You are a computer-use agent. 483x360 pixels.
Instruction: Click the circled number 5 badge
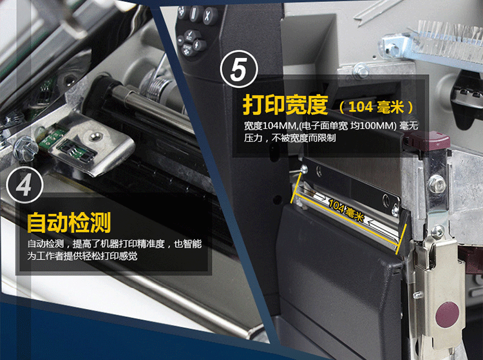(x=239, y=69)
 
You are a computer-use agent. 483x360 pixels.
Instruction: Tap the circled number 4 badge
(x=24, y=185)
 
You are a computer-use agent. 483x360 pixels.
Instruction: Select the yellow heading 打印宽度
(x=285, y=105)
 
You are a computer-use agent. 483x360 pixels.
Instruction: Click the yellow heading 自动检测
(x=69, y=223)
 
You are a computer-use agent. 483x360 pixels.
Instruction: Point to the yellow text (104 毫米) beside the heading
(x=376, y=107)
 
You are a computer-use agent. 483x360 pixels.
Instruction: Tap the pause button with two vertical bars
(x=194, y=14)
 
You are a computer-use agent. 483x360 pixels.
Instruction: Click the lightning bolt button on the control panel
(x=199, y=45)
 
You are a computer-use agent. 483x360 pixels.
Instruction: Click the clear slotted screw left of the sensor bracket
(x=25, y=149)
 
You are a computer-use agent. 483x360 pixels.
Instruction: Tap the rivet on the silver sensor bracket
(x=97, y=135)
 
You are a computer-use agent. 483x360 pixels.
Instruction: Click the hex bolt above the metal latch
(x=438, y=232)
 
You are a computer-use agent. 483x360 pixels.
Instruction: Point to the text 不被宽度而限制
(x=303, y=138)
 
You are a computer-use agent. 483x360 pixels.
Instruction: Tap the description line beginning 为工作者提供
(x=82, y=256)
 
